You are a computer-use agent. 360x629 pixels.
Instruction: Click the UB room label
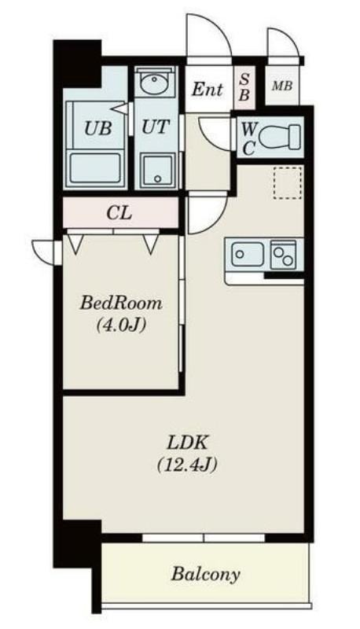97,128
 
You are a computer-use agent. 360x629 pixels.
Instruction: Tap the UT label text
156,127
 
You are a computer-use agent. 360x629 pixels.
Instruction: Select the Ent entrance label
207,89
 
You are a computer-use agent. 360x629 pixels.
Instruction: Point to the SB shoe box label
244,87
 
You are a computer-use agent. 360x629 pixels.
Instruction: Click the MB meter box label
282,86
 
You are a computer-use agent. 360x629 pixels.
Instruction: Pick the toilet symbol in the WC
280,137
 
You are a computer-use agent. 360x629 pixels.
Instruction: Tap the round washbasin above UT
154,84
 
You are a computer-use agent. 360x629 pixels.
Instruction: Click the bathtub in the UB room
95,167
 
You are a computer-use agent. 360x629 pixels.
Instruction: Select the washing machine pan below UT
156,171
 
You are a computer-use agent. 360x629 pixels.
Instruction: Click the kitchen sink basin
248,254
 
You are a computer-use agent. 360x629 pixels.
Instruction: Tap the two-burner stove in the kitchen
283,255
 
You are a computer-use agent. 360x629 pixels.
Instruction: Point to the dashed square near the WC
288,182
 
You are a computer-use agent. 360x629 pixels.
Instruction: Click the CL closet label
119,213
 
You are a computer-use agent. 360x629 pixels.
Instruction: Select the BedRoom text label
121,303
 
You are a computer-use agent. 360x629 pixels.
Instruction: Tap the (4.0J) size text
120,325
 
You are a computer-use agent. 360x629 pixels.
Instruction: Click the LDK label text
187,443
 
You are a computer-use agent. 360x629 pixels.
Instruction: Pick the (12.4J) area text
187,465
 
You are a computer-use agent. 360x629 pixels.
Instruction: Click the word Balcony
206,574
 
